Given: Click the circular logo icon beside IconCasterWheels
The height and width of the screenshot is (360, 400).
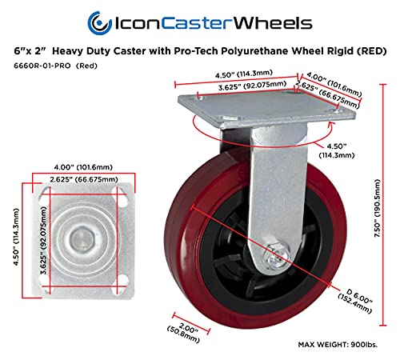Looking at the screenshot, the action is pos(99,23).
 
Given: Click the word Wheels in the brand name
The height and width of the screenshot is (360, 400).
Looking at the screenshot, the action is pos(273,23).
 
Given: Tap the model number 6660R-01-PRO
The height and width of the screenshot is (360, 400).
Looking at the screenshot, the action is pos(42,66).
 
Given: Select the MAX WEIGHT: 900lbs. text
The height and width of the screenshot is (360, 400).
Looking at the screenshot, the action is pos(338,345).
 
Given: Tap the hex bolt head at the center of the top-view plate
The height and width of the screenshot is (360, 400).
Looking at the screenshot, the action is pos(82,238).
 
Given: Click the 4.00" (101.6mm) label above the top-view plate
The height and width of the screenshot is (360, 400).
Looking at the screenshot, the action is pos(83,167).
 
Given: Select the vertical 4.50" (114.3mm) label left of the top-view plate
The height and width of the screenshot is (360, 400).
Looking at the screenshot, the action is pos(17,237).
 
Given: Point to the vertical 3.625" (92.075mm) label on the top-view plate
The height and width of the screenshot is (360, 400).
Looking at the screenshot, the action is pos(43,240).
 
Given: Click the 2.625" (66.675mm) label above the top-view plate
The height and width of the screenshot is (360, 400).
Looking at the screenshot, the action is pos(84,179).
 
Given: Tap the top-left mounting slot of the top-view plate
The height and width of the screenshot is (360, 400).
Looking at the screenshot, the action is pos(45,193).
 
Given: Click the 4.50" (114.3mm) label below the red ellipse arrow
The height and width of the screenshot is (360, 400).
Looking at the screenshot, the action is pos(337,150).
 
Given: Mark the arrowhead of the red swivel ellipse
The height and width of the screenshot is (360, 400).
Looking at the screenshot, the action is pos(331,124).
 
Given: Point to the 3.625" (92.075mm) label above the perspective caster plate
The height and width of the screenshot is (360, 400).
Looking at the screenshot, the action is pos(252,86).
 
